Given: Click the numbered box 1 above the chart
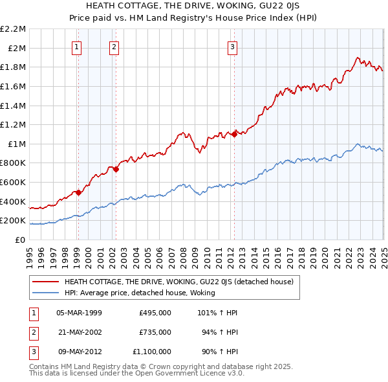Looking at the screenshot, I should click(x=77, y=46).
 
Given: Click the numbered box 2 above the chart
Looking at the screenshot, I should click(x=114, y=46).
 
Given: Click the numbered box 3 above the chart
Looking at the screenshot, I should click(x=232, y=46).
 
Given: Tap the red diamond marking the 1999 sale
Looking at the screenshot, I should click(x=78, y=192).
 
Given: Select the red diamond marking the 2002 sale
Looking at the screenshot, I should click(x=116, y=169).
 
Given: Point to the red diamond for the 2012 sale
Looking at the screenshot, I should click(x=233, y=134).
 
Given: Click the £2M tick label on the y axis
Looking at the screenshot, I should click(x=17, y=48).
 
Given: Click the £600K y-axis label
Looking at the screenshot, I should click(x=14, y=183).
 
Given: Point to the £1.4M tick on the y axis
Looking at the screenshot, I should click(x=14, y=106).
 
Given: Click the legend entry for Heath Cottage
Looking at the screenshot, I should click(x=179, y=282).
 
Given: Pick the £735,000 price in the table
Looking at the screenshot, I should click(x=155, y=332).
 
